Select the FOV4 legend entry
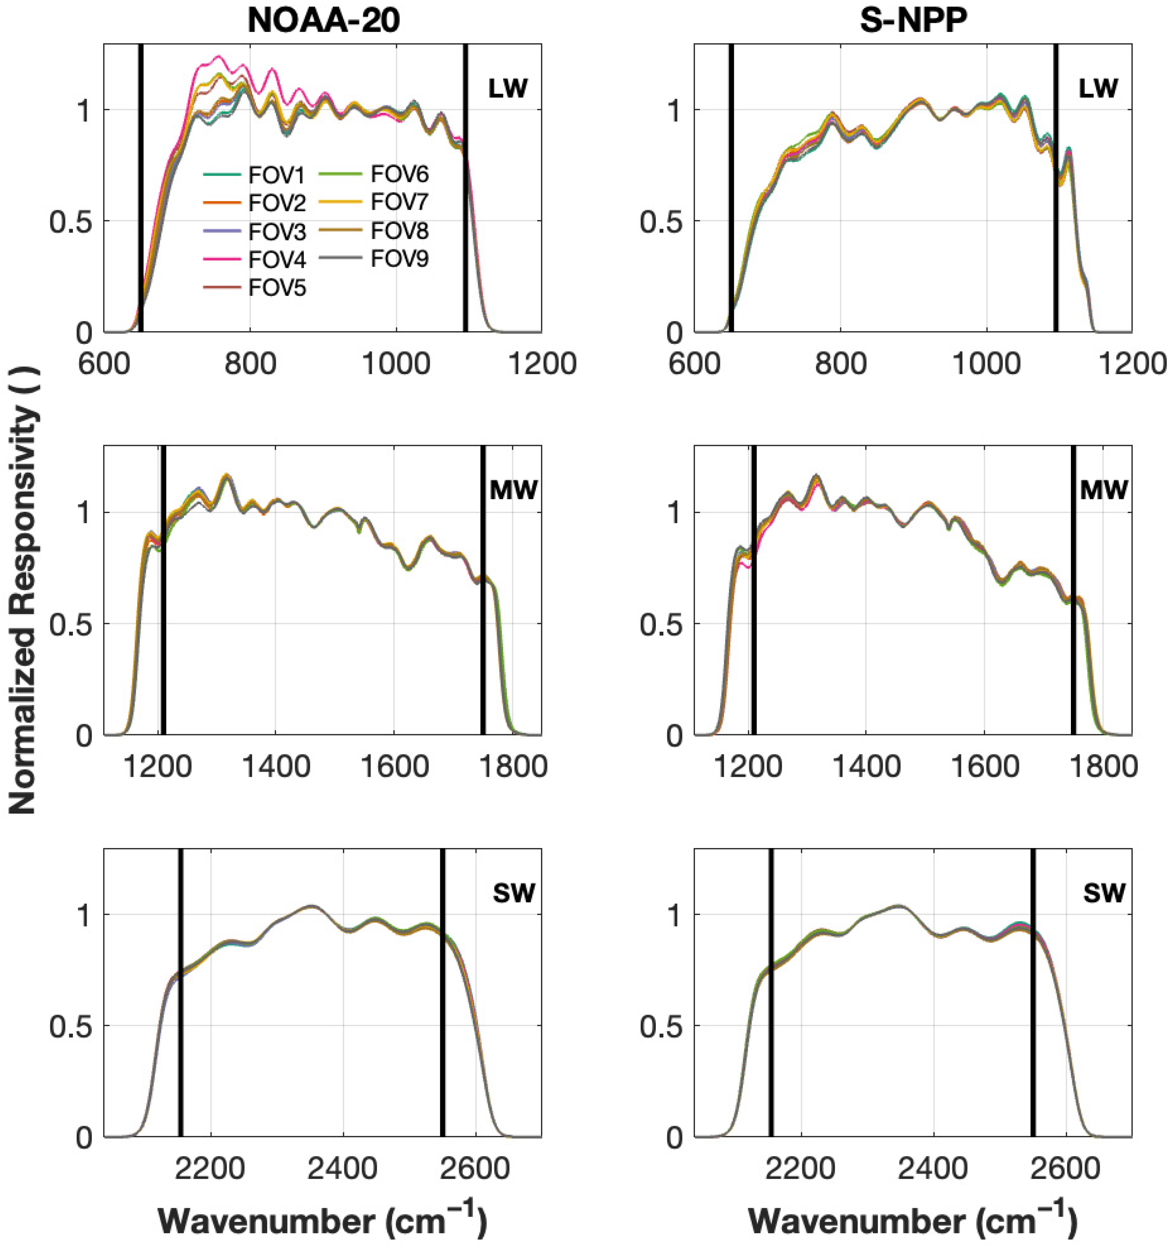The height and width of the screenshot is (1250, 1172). pyautogui.click(x=276, y=260)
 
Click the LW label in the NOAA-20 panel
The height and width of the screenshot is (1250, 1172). pyautogui.click(x=507, y=89)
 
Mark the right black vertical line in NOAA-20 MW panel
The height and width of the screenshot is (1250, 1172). pyautogui.click(x=483, y=591)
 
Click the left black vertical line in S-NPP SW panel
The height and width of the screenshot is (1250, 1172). pyautogui.click(x=771, y=993)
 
